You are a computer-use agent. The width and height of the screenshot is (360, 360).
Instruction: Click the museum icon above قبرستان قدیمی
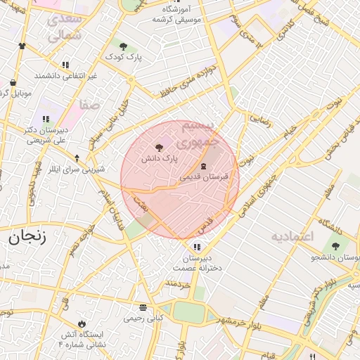[x=203, y=166]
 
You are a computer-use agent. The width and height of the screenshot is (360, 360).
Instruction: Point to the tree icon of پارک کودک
[x=123, y=46]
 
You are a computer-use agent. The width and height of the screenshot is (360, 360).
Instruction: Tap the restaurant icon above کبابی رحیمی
[x=143, y=307]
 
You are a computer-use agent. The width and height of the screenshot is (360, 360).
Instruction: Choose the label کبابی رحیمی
[x=143, y=318]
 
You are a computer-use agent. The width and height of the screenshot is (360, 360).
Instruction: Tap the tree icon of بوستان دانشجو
[x=335, y=246]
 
